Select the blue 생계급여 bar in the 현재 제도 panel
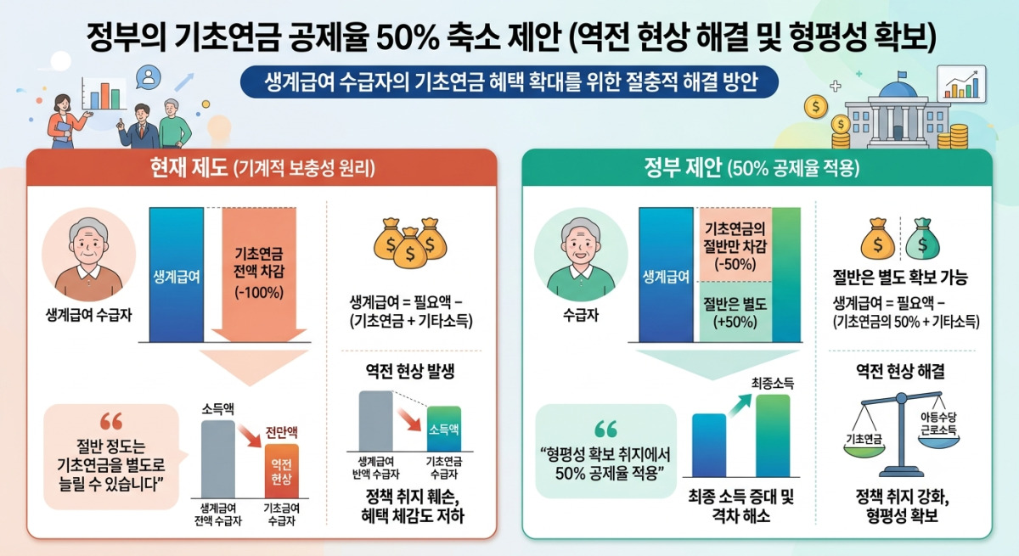[x=177, y=274]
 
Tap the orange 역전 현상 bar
[x=282, y=471]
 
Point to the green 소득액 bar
[x=444, y=429]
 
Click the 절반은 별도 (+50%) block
[x=735, y=312]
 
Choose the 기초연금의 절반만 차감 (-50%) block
[x=735, y=245]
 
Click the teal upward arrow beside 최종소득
[x=740, y=405]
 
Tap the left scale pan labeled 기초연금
[x=864, y=450]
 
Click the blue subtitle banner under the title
[x=509, y=81]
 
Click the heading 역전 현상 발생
[x=410, y=371]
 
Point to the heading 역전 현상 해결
[x=900, y=371]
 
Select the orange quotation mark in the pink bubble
[x=111, y=421]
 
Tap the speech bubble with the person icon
[x=149, y=78]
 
